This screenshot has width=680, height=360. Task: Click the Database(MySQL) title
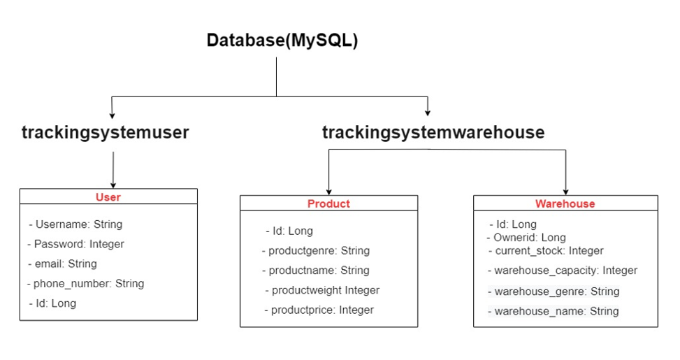(x=282, y=41)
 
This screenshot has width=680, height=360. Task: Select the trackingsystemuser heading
(x=106, y=132)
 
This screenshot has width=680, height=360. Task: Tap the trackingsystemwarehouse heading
(x=433, y=132)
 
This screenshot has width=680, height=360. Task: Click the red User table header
(x=108, y=197)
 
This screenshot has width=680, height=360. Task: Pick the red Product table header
(x=328, y=203)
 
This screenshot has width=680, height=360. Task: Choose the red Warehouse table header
(x=565, y=203)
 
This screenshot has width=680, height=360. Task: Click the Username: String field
(x=75, y=224)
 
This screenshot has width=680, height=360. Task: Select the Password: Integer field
(x=75, y=244)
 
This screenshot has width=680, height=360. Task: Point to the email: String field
(x=62, y=264)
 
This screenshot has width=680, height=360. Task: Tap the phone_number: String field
(x=85, y=283)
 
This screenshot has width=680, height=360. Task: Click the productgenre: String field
(x=316, y=250)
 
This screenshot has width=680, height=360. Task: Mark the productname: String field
(x=316, y=270)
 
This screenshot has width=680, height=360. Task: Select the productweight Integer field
(x=322, y=289)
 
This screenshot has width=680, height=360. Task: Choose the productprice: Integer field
(x=319, y=310)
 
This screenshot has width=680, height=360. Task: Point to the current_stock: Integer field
(x=545, y=250)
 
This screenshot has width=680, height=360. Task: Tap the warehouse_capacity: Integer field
(x=562, y=270)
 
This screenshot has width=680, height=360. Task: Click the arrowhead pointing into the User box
(x=113, y=185)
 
